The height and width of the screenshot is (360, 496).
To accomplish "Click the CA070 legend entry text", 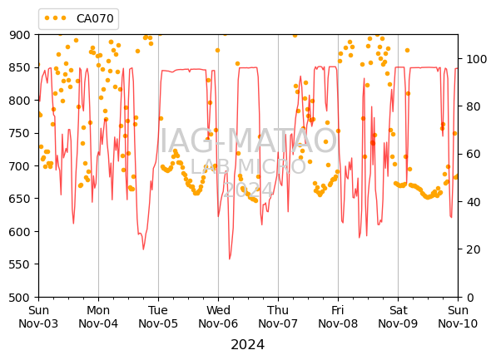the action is (x=95, y=18).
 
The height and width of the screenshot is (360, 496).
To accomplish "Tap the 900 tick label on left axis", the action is (x=20, y=35).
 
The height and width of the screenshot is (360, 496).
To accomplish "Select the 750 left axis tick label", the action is (x=20, y=133).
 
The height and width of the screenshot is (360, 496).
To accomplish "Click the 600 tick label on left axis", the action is (x=20, y=232).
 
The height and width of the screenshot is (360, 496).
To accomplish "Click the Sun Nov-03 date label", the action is (x=38, y=317).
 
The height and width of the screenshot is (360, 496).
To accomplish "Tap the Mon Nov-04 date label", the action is (x=98, y=317).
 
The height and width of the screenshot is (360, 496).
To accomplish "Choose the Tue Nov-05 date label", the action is (x=158, y=317).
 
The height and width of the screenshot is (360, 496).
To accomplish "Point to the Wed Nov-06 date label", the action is (x=218, y=317).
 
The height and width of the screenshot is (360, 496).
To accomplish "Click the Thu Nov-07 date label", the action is (x=278, y=317).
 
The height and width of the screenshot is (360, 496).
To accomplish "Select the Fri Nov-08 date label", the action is (x=338, y=317).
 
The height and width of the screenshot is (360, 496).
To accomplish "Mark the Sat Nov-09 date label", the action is (x=398, y=317).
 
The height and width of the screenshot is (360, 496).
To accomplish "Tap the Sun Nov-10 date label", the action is (x=458, y=317).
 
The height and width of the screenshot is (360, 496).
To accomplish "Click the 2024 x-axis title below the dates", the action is (x=248, y=345).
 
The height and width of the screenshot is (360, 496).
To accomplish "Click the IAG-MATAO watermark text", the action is (x=248, y=141).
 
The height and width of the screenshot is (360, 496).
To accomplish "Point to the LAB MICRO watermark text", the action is (x=248, y=166).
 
